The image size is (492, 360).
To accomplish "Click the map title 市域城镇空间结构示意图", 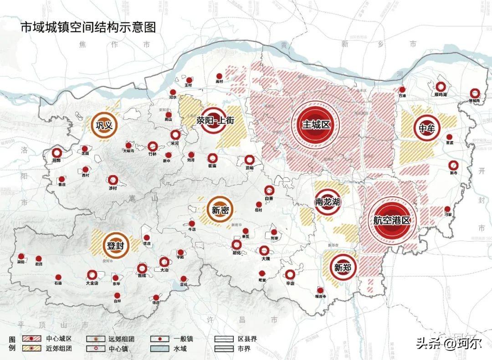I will (x=88, y=27).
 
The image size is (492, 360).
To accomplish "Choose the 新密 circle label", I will (x=220, y=210).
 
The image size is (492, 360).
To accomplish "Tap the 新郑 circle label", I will (x=343, y=268).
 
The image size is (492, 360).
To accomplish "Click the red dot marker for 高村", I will (x=219, y=76).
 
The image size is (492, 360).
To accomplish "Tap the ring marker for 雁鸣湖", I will (x=441, y=86).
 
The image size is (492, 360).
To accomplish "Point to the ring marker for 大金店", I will (x=92, y=274).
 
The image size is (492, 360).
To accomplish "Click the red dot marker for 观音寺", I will (x=320, y=290).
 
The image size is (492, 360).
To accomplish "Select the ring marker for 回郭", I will (x=56, y=153).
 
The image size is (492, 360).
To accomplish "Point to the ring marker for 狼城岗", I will (x=475, y=92).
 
